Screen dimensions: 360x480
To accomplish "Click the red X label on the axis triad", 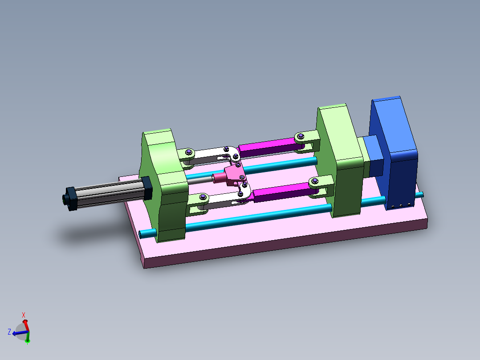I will [24, 315].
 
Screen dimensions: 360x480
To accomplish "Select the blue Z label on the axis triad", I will [9, 331].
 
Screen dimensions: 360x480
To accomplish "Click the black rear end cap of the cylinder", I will [69, 198].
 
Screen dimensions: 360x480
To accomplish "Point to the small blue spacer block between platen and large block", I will [373, 156].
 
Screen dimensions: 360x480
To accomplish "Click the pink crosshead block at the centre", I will [233, 174].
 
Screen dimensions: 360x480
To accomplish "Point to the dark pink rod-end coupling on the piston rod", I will [219, 178].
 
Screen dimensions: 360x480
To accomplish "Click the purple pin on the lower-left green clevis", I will [203, 196].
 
